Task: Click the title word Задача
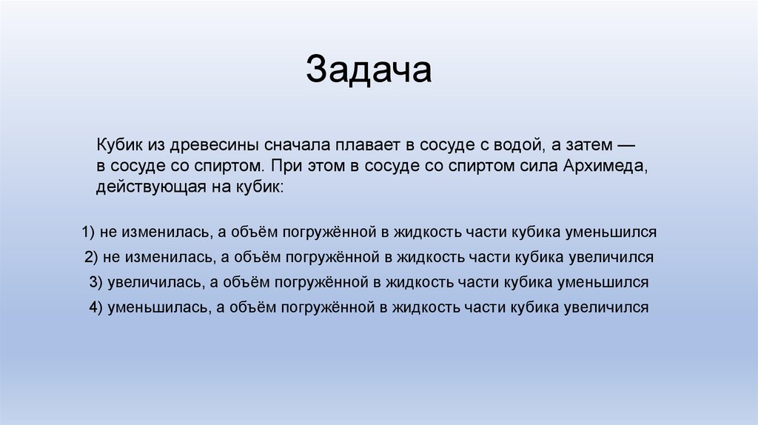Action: [x=369, y=70]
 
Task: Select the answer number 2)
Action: [x=92, y=257]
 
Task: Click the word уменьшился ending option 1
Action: [x=611, y=232]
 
